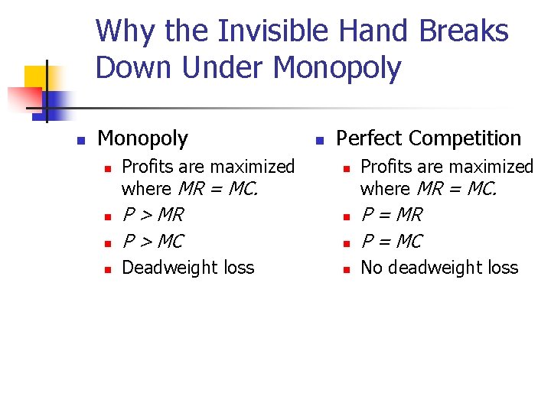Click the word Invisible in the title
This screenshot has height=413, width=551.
coord(272,31)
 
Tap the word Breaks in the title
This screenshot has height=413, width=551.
coord(464,31)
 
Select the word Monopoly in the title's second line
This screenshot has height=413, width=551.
coord(337,68)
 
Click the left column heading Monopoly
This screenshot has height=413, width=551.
coord(142,138)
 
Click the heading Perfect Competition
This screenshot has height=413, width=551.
coord(429,138)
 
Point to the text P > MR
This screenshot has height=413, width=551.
coord(153,215)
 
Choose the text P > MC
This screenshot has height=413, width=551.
coord(153,242)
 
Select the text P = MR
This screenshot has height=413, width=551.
coord(391,215)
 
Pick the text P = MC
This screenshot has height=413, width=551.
coord(391,242)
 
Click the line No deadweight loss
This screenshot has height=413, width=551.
coord(439,268)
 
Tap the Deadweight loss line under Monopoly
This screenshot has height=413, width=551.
coord(188,268)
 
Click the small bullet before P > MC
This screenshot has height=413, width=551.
coord(108,244)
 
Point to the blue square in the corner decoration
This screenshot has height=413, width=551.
coord(57,100)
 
